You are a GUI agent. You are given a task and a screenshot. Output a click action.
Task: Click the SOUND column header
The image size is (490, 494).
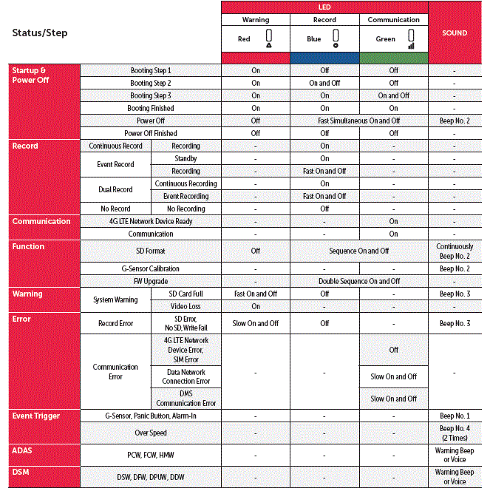[455, 33]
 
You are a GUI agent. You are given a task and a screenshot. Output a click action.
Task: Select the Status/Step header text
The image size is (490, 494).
[40, 33]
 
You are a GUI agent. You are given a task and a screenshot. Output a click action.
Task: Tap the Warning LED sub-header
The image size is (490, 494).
[256, 20]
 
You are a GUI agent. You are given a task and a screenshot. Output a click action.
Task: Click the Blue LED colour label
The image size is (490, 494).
[314, 39]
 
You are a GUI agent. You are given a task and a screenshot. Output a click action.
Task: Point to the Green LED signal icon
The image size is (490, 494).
[411, 39]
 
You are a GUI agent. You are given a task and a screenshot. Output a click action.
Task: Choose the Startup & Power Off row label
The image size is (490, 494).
[30, 75]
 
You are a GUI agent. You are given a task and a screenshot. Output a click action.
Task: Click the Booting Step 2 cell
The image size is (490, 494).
[151, 84]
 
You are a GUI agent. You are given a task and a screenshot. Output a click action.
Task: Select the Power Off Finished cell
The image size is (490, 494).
[151, 133]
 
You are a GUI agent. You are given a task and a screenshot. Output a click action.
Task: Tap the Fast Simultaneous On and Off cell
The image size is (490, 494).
[359, 121]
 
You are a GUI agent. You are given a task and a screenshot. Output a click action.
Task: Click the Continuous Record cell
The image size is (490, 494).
[116, 146]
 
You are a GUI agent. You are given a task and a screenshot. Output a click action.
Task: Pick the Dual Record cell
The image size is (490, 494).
[116, 190]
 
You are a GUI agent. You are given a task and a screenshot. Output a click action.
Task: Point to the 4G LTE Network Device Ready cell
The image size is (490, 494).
[151, 221]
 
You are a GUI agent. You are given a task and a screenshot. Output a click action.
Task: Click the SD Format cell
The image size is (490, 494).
[151, 251]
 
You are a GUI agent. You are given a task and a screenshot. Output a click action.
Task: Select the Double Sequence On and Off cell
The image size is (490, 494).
[359, 281]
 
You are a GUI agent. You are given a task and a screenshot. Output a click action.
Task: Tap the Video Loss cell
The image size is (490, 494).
[186, 306]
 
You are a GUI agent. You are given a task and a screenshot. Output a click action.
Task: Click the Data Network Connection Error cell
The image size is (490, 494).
[186, 376]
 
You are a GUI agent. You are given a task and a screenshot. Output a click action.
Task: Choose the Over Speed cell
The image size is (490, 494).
[151, 433]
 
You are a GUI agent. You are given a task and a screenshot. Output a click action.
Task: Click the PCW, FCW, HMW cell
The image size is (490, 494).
[151, 455]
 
